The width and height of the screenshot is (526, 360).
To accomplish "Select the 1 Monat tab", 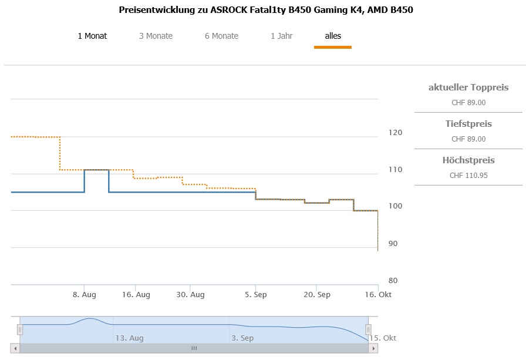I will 92,36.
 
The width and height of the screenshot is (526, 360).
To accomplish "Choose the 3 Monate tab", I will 156,36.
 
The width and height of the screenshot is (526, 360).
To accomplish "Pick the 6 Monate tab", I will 221,36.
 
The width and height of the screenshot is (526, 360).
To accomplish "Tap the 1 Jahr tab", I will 281,36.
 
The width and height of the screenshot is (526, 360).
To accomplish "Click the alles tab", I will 333,36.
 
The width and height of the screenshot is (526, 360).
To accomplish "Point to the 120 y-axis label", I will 395,133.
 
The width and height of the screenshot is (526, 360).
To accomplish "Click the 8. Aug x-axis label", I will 85,294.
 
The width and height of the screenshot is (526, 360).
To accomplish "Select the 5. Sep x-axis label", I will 255,294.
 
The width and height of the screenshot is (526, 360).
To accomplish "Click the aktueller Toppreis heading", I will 468,88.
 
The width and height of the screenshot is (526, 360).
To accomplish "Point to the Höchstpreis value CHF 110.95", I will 468,175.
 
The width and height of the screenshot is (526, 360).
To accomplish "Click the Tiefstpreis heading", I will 468,124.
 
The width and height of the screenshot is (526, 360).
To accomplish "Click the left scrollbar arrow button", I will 16,348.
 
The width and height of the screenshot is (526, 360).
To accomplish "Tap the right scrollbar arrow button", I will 373,348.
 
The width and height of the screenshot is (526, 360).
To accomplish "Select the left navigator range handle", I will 20,330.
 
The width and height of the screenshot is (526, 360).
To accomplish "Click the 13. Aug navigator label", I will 129,338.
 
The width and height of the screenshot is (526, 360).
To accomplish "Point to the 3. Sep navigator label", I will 242,338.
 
